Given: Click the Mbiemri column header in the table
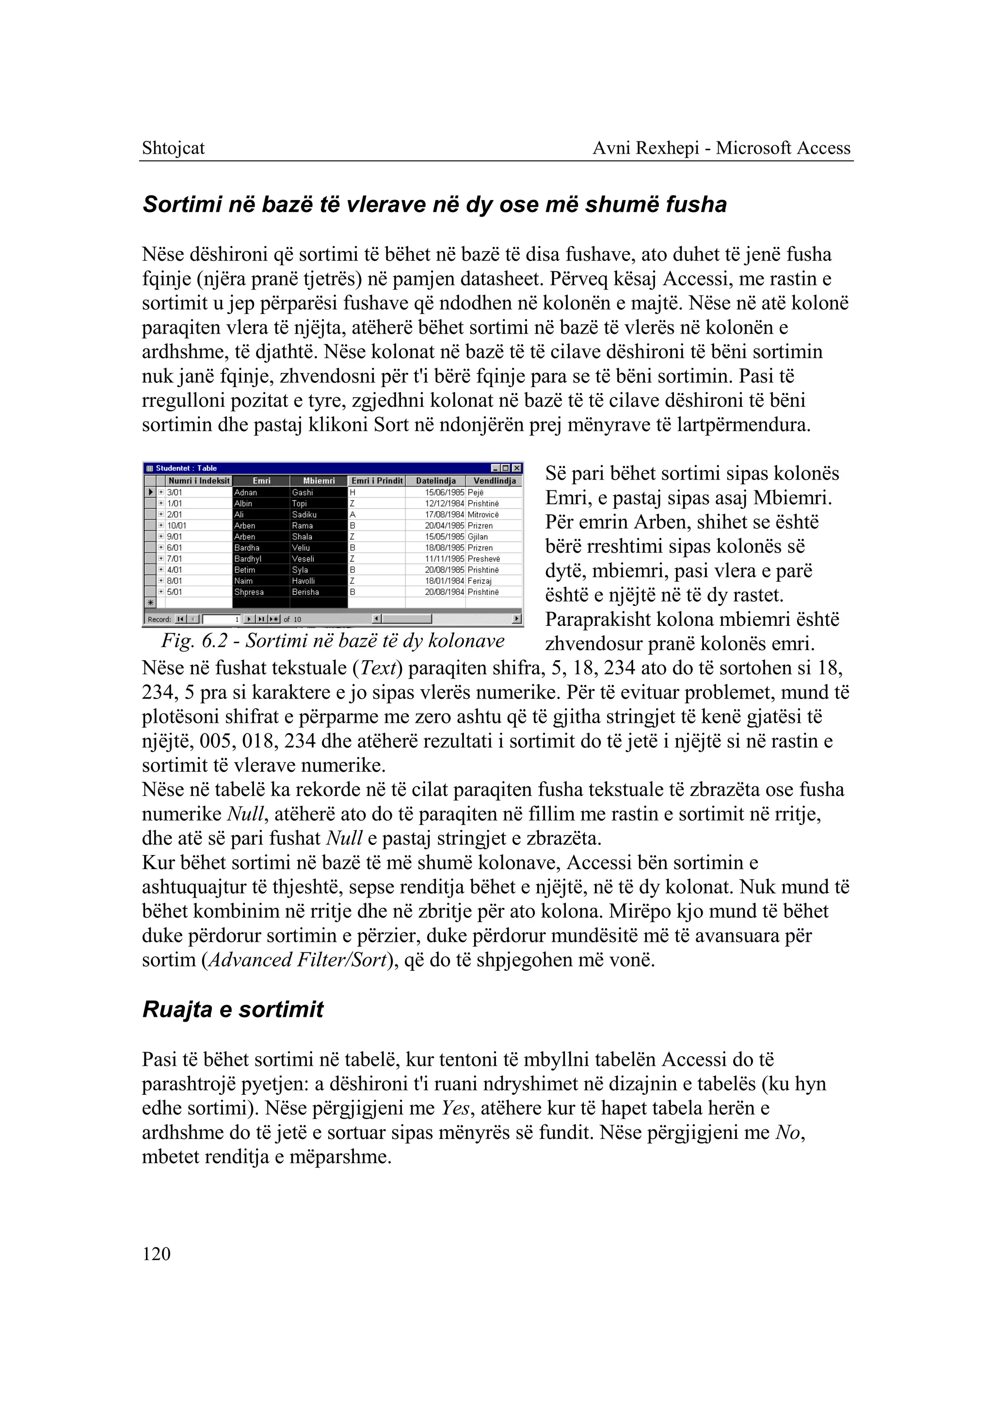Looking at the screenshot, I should (x=319, y=481).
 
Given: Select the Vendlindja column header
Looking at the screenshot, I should (x=494, y=481).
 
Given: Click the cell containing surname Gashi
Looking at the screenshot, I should (x=303, y=493).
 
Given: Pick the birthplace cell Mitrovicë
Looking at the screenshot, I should (x=483, y=514).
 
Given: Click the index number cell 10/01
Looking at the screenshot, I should (x=177, y=526).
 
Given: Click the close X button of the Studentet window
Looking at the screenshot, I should (x=517, y=468).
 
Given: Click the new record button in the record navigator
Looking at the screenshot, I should (x=274, y=619).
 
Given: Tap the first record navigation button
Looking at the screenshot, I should (x=180, y=619).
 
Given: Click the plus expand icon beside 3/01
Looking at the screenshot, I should (x=161, y=493).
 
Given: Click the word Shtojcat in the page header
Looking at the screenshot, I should (x=173, y=148).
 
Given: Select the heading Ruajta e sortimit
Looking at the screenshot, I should (x=232, y=1010).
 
